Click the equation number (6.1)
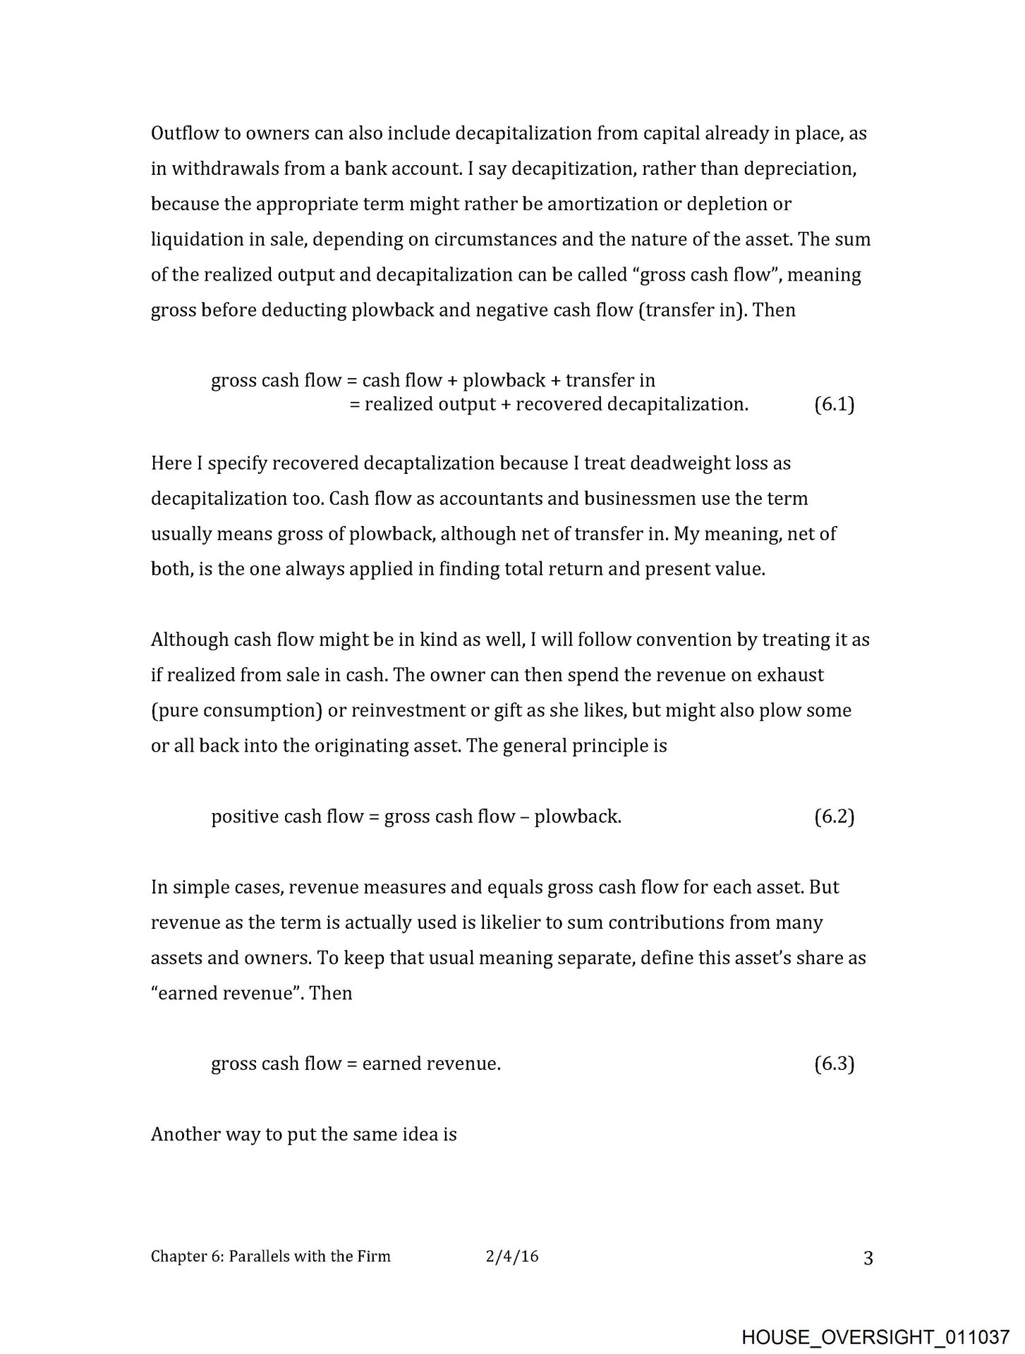tap(834, 405)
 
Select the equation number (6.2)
tap(834, 817)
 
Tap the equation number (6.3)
tap(834, 1063)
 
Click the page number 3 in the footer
tap(868, 1258)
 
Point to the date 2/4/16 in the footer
tap(512, 1256)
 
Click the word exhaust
tap(790, 675)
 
